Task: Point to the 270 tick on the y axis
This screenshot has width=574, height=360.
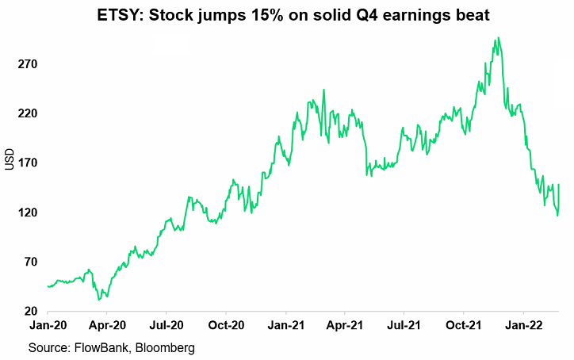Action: [30, 64]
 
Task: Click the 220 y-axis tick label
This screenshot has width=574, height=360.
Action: [30, 113]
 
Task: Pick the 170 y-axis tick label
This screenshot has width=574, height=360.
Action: [30, 163]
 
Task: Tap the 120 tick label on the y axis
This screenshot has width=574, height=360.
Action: [30, 213]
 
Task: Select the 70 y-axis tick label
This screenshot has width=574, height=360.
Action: [33, 262]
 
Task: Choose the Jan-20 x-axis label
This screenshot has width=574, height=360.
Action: [48, 325]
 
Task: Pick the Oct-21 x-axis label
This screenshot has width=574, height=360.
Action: [463, 325]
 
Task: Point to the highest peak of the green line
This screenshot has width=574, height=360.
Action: [497, 37]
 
